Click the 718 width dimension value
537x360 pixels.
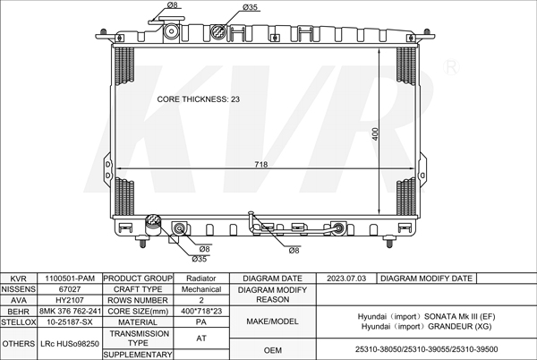[261, 165]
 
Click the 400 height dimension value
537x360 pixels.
[375, 134]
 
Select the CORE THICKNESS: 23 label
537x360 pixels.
[199, 99]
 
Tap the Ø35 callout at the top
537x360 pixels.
[250, 7]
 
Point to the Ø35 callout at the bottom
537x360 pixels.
[200, 259]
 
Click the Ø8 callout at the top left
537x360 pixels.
[172, 4]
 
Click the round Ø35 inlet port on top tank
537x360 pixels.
[218, 32]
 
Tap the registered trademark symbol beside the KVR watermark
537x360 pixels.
[451, 67]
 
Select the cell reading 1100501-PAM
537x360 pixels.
[70, 279]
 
